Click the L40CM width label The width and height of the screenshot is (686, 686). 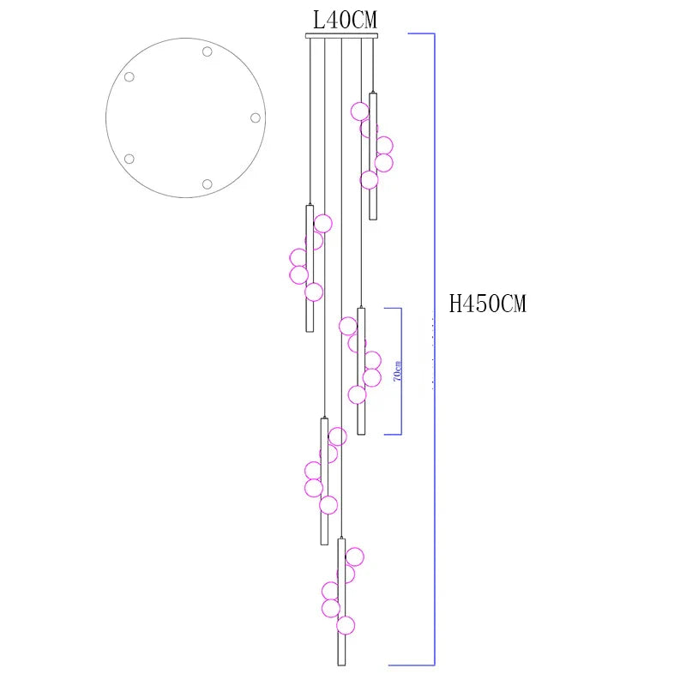pos(345,20)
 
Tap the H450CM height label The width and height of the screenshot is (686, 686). pos(487,304)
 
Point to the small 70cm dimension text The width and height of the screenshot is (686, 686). pos(397,371)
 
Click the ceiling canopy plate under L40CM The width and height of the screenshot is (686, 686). pos(341,36)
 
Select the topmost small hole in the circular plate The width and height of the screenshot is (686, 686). pos(207,51)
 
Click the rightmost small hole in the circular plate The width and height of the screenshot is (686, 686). pos(256,117)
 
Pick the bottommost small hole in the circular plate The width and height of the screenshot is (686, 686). pos(207,184)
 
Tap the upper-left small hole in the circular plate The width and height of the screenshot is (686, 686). pos(129,77)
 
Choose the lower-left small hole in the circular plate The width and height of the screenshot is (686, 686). pos(129,159)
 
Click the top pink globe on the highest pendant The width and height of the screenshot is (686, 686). pos(360,111)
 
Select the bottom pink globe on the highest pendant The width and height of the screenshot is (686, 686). pos(370,180)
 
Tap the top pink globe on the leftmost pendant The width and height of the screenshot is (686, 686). pos(323,224)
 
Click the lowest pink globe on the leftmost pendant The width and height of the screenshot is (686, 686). pos(314,292)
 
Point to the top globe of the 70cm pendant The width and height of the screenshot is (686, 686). pos(348,327)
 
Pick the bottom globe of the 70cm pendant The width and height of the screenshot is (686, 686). pos(357,394)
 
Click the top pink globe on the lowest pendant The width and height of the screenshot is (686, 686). pos(354,557)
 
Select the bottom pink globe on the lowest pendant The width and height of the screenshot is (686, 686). pos(346,625)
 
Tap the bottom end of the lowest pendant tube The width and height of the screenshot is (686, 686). pos(341,665)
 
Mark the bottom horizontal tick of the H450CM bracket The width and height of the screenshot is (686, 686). pos(412,665)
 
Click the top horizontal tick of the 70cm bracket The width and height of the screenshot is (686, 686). pos(393,308)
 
